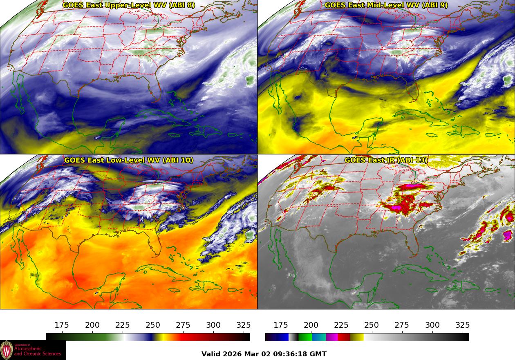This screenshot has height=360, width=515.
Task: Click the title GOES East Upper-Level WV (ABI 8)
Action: [128, 5]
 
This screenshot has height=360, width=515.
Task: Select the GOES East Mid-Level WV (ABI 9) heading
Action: [386, 5]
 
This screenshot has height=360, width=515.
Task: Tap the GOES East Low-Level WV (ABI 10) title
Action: [128, 160]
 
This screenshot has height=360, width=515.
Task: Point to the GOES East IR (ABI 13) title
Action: [386, 160]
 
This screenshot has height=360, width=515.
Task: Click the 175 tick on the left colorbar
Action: [62, 326]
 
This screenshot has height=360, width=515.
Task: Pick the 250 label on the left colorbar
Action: [153, 326]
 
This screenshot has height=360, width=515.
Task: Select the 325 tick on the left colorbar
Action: [244, 326]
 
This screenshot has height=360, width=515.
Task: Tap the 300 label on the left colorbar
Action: [213, 326]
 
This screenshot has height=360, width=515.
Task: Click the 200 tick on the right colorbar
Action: [311, 326]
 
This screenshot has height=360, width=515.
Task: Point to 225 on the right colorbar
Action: [341, 326]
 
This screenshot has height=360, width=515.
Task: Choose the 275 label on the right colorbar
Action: [402, 326]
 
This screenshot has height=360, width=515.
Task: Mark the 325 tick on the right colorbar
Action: [463, 326]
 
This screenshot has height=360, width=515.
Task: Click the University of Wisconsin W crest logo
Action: [7, 350]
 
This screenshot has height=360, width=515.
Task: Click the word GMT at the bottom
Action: [319, 354]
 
